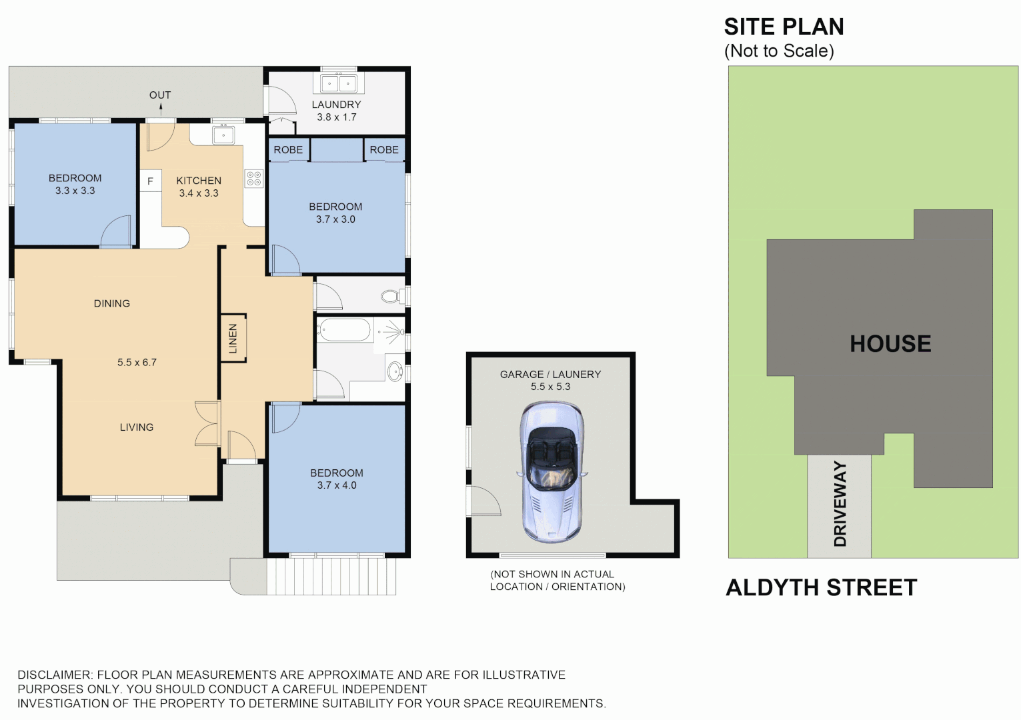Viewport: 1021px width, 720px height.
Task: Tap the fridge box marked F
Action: (150, 181)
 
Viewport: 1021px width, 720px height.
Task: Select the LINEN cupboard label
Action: (233, 338)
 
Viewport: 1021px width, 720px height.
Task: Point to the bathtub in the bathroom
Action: (344, 329)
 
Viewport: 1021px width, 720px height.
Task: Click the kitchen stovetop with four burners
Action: (254, 178)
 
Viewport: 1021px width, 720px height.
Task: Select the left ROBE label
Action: (288, 150)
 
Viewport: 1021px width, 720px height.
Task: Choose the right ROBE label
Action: (384, 150)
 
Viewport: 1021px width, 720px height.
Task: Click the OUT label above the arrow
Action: (160, 95)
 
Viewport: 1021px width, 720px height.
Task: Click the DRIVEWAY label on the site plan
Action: (840, 504)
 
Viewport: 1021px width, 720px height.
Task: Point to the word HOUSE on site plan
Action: (890, 344)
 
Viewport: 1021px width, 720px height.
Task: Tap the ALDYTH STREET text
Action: (821, 588)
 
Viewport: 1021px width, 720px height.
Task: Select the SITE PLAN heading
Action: (784, 27)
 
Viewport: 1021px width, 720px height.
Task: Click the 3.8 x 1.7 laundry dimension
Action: (336, 117)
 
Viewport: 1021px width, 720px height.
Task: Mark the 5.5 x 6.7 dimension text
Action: (137, 363)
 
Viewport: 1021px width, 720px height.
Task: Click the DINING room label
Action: (112, 303)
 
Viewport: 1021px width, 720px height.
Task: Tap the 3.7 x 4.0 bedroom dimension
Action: (337, 485)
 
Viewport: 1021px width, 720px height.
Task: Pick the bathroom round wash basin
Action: (395, 371)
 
